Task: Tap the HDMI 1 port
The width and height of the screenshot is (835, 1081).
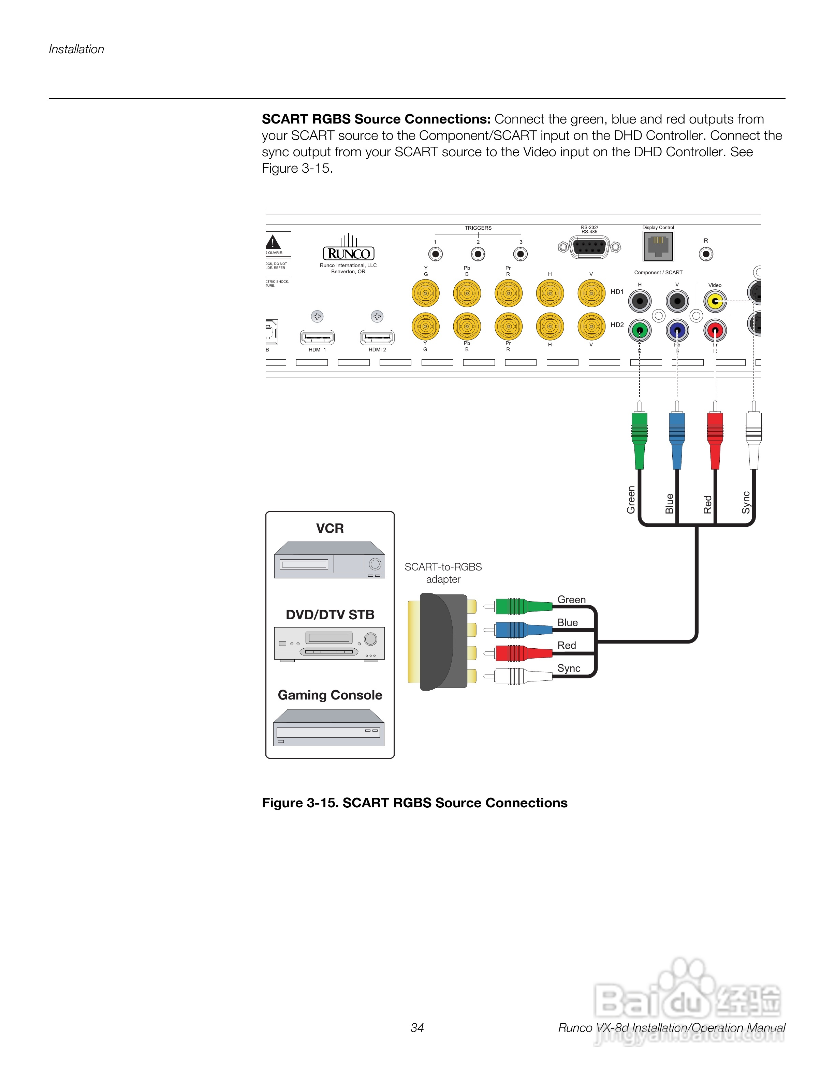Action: pyautogui.click(x=317, y=337)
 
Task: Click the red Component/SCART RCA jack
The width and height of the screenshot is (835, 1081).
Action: pyautogui.click(x=715, y=330)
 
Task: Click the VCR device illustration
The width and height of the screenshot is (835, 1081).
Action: pyautogui.click(x=329, y=560)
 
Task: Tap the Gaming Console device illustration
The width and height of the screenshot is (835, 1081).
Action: pyautogui.click(x=329, y=728)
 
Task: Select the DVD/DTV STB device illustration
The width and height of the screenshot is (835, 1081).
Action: pyautogui.click(x=329, y=644)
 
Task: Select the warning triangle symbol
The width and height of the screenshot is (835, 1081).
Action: pyautogui.click(x=273, y=243)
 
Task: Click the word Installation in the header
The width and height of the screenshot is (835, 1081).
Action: pyautogui.click(x=77, y=49)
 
